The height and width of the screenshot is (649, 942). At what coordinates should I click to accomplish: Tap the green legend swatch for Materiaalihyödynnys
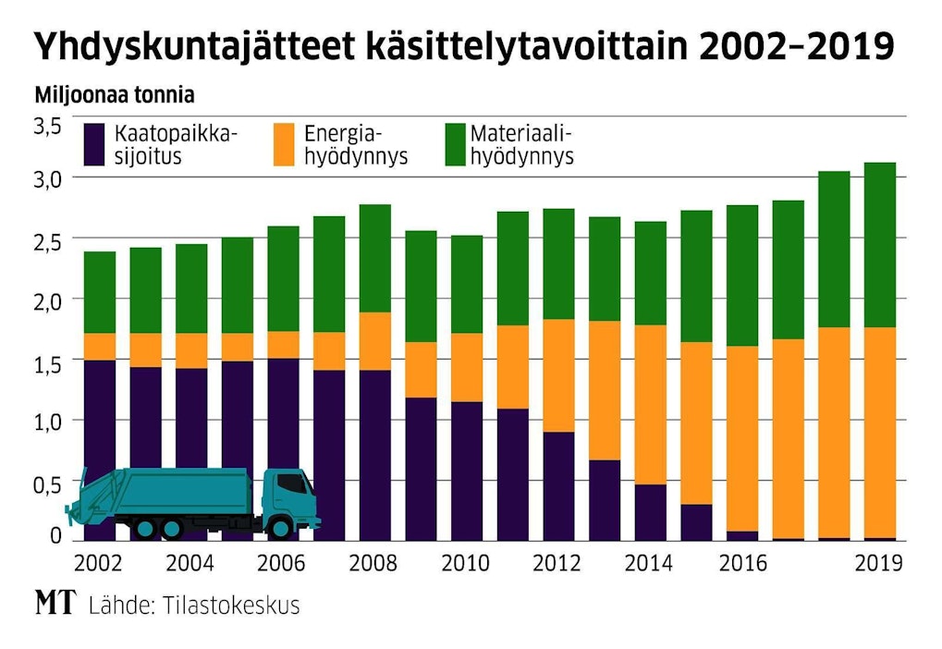point(456,144)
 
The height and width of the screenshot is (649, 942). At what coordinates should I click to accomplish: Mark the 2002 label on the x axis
point(98,562)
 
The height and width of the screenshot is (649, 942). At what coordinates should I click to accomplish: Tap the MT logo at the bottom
point(55,605)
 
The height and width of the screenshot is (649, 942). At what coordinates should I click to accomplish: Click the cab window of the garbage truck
point(293,484)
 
